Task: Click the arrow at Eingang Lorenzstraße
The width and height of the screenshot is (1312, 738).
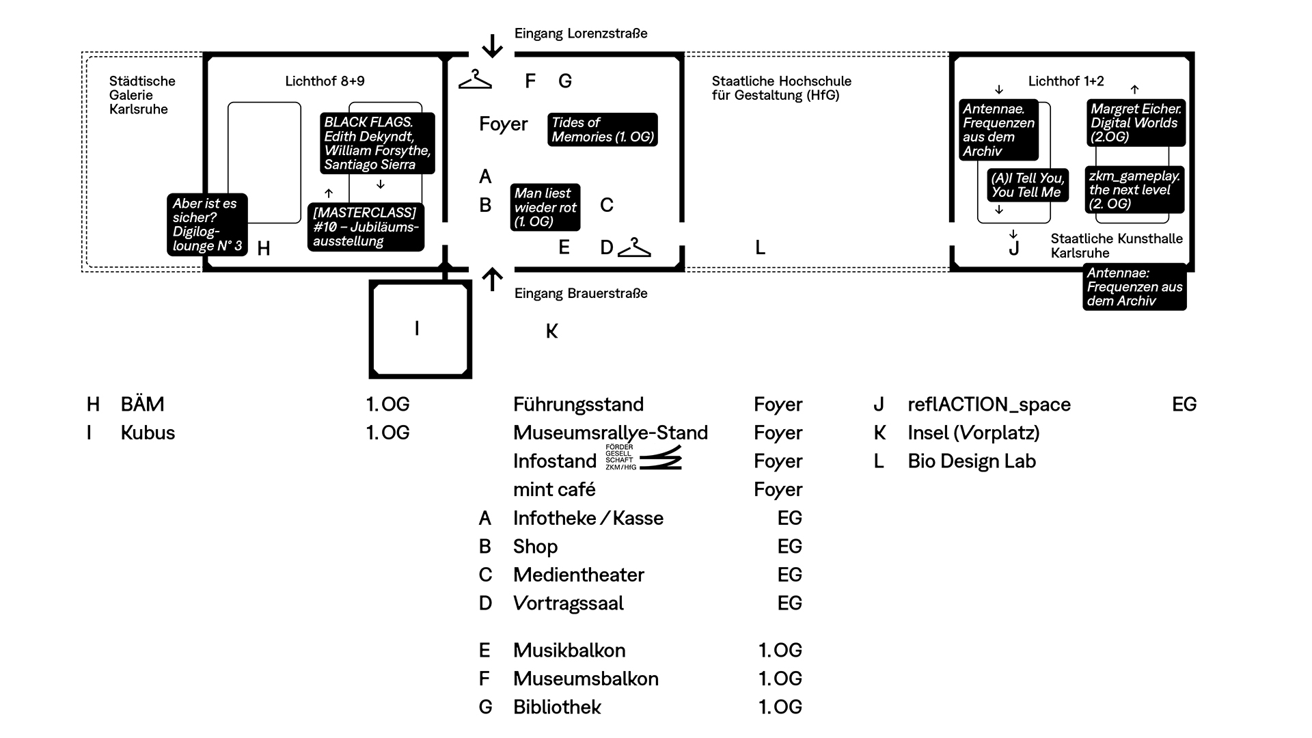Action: point(492,45)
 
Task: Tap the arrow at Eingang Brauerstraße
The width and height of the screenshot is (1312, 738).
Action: point(492,280)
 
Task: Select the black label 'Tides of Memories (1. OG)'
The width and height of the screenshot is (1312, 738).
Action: point(603,130)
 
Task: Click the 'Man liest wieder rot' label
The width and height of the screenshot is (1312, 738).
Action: point(545,207)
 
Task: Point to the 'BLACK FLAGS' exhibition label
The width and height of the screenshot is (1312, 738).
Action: point(377,143)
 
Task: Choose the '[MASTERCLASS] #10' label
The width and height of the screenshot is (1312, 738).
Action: point(366,227)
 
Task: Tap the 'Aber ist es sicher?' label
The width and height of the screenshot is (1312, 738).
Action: point(207,225)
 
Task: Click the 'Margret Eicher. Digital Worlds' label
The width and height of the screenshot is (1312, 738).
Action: point(1136,123)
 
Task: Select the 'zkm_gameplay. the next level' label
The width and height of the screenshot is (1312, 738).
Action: point(1134,189)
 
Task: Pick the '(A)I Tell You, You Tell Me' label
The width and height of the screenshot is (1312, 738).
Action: point(1028,185)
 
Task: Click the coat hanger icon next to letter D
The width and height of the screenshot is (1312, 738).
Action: point(634,247)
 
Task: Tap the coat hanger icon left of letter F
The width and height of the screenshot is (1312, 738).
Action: point(475,79)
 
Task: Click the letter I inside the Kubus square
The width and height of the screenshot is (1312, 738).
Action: point(417,329)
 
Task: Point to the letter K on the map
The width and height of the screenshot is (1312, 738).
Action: point(552,331)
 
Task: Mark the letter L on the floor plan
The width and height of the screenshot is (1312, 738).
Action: point(760,247)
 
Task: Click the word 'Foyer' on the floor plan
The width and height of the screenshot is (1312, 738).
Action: point(504,124)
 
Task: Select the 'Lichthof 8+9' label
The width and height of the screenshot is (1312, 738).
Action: point(325,81)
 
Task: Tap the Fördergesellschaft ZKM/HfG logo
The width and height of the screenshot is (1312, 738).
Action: point(644,457)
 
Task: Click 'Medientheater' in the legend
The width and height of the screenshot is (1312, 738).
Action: point(578,575)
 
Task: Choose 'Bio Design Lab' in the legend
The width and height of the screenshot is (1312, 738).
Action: point(972,461)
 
